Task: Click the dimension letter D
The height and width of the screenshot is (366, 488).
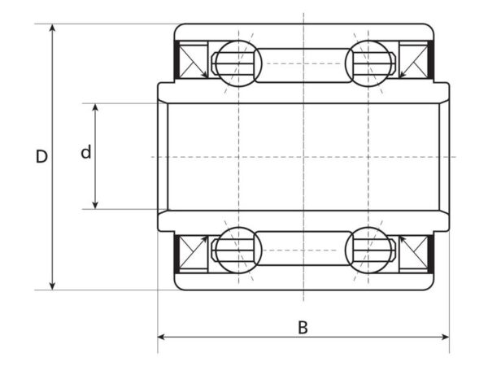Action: [x=41, y=156]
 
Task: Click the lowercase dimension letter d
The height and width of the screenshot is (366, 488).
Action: [x=86, y=152]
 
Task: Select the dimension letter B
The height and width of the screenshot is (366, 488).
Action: [x=303, y=328]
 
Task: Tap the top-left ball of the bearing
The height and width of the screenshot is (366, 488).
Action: [x=238, y=63]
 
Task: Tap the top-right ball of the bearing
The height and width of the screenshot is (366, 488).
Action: [x=368, y=63]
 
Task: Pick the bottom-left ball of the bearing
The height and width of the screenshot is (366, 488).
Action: [x=238, y=251]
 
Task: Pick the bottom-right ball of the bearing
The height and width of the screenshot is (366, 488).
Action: [x=368, y=251]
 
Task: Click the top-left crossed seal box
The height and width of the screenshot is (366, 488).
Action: [x=194, y=61]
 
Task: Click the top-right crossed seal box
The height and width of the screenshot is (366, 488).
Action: [x=413, y=61]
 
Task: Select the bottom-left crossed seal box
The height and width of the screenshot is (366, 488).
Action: [x=194, y=252]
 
